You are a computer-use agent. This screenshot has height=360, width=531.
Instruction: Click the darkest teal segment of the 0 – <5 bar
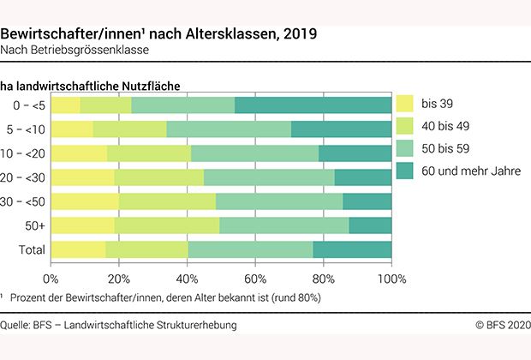point(313,105)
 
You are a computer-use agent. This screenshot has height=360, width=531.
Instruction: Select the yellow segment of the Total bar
point(78,249)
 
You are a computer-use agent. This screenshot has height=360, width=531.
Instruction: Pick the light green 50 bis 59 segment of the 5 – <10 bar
point(229,129)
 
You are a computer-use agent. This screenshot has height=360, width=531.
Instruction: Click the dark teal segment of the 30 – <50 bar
point(367,201)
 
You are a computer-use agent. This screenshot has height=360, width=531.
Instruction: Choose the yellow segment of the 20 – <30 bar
point(82,177)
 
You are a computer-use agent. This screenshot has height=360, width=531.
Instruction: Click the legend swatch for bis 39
point(404,105)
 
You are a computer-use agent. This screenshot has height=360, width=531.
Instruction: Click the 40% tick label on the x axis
point(188,279)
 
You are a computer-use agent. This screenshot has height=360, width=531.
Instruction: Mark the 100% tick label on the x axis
point(391,279)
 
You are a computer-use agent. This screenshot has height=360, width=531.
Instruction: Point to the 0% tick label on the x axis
point(51,279)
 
